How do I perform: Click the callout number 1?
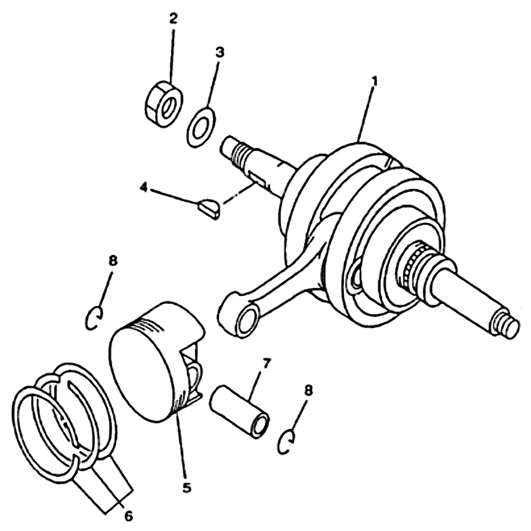[x=374, y=80]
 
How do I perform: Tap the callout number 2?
[x=173, y=19]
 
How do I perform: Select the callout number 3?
[x=220, y=52]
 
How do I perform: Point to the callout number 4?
[x=144, y=188]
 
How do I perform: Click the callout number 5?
[x=187, y=488]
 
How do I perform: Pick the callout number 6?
[x=128, y=516]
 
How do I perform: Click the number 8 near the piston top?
[x=113, y=261]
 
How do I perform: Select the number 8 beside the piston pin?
[x=308, y=390]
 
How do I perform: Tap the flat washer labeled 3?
[x=201, y=127]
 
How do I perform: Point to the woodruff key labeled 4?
[x=208, y=210]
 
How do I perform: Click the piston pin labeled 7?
[x=240, y=412]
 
